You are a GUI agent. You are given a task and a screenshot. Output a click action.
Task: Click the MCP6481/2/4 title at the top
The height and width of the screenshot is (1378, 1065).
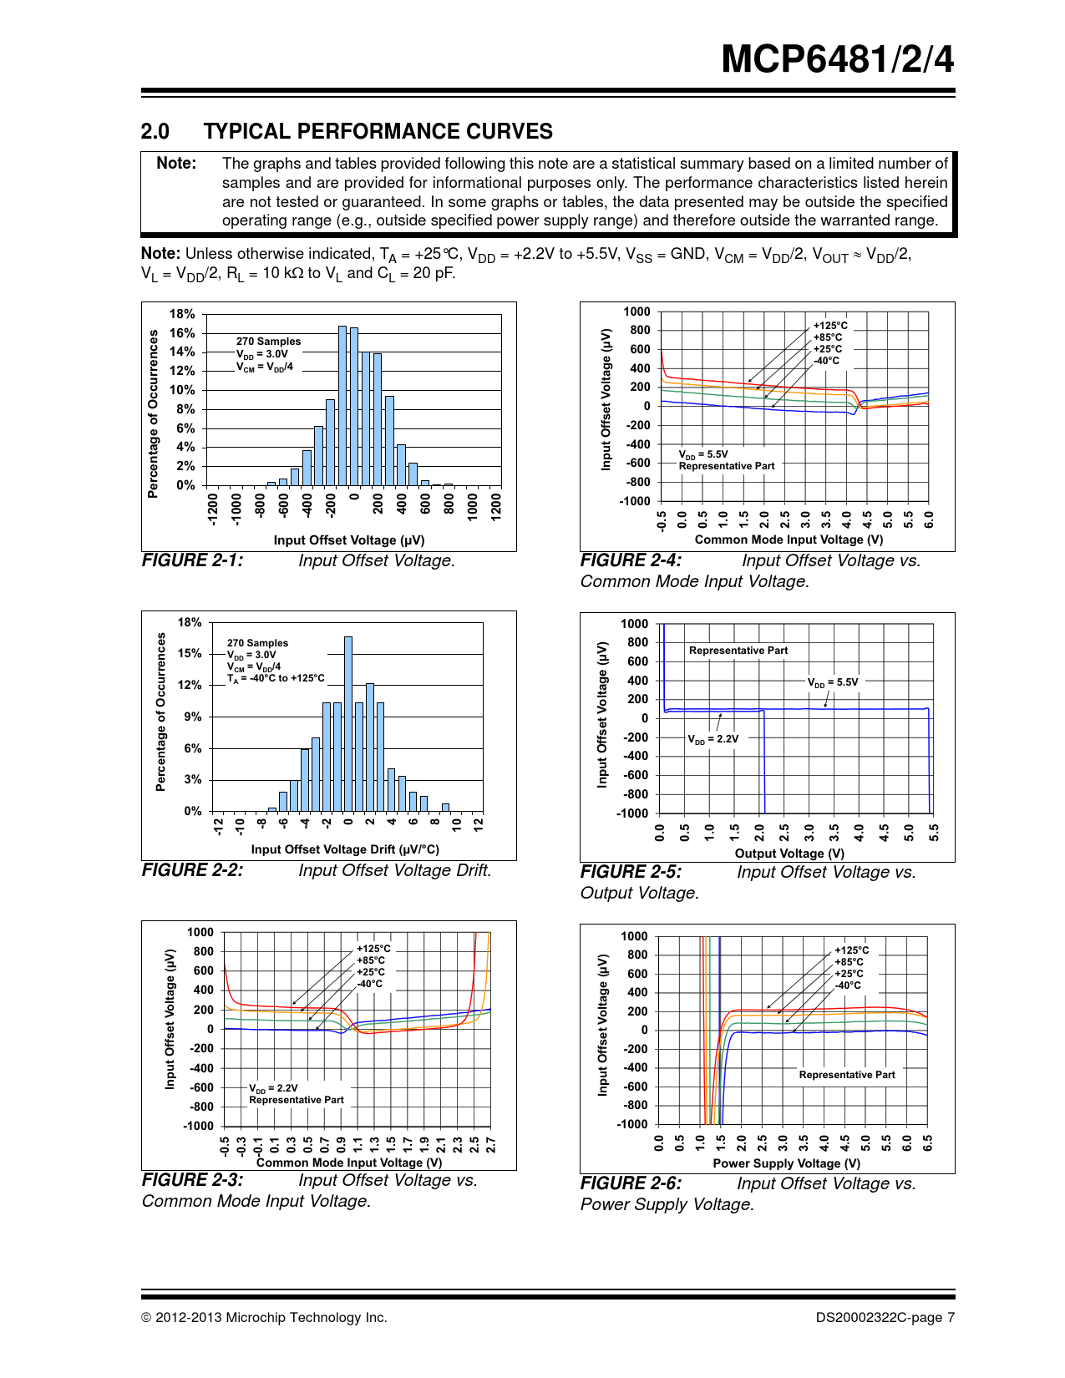(837, 59)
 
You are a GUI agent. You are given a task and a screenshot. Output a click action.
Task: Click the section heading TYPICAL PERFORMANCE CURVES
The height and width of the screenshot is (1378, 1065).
(378, 131)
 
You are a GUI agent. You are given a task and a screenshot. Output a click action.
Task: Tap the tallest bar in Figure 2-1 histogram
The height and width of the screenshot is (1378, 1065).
(342, 406)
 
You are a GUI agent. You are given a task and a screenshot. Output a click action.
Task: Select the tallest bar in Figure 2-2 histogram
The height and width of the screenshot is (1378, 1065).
(348, 723)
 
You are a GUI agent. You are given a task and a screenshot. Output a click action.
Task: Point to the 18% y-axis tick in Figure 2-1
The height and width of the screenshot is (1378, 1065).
(182, 314)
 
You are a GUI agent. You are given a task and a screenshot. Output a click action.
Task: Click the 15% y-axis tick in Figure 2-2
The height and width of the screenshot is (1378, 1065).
(190, 653)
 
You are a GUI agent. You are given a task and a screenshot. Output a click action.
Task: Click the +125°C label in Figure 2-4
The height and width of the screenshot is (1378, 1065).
(830, 326)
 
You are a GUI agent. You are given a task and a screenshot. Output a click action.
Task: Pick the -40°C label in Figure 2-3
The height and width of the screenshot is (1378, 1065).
(370, 984)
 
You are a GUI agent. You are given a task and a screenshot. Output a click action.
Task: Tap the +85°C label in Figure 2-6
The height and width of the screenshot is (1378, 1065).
(849, 962)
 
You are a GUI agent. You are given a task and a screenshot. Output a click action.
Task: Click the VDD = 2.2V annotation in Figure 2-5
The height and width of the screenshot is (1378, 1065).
(713, 739)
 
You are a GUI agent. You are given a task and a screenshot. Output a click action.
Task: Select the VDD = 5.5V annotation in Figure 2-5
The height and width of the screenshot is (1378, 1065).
(832, 682)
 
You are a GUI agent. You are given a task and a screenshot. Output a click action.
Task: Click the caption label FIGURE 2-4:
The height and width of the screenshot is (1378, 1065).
(631, 560)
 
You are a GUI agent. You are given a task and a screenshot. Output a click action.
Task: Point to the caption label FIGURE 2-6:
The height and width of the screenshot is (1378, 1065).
(631, 1183)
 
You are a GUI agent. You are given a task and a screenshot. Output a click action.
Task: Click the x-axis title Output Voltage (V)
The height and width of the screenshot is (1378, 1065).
(789, 854)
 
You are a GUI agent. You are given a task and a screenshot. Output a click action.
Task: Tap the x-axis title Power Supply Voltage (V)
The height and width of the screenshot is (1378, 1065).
(786, 1163)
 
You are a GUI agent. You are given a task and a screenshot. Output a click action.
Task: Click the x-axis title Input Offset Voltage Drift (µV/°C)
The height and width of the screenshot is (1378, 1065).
(345, 849)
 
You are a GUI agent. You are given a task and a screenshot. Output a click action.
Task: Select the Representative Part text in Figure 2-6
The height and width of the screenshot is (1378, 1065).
(847, 1075)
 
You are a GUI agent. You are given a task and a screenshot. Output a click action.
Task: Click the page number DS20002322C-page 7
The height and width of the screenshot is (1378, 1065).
(885, 1318)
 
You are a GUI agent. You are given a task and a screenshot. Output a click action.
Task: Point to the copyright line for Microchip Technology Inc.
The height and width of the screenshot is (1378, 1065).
(264, 1318)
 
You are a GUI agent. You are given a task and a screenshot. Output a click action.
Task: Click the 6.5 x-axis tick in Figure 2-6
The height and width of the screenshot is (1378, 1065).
(928, 1142)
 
